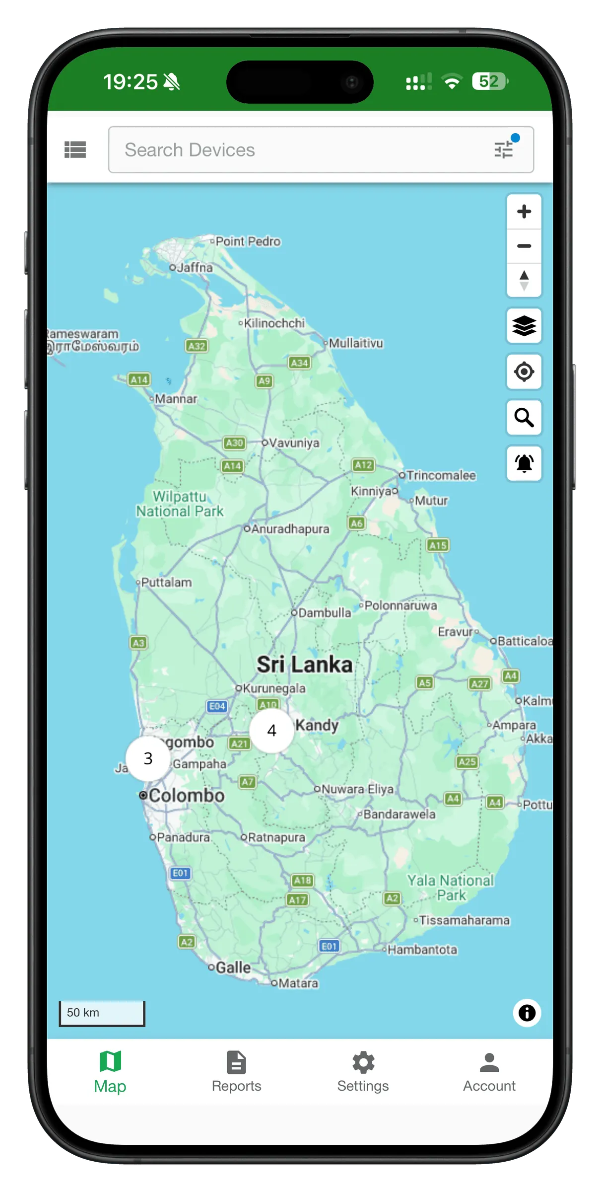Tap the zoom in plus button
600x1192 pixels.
click(524, 212)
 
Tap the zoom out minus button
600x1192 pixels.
click(524, 246)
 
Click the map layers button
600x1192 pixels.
click(524, 326)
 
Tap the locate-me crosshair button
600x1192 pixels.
click(524, 372)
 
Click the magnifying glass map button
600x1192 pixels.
click(524, 418)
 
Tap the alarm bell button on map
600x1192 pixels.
click(524, 463)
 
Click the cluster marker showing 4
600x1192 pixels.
click(271, 731)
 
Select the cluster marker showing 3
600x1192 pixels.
click(148, 758)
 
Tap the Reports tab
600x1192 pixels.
click(236, 1072)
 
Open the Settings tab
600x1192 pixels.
click(363, 1072)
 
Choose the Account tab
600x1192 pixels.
click(489, 1072)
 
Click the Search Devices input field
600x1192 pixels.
click(298, 150)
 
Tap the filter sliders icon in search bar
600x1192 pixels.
click(504, 149)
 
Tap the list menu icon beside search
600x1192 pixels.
click(75, 149)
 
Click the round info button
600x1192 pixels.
click(527, 1013)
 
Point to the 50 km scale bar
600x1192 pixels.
click(102, 1013)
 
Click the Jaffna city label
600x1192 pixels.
click(195, 268)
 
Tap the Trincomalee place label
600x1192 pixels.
click(441, 476)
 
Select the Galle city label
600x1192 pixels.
click(233, 968)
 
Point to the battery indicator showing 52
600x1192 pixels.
click(489, 81)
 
